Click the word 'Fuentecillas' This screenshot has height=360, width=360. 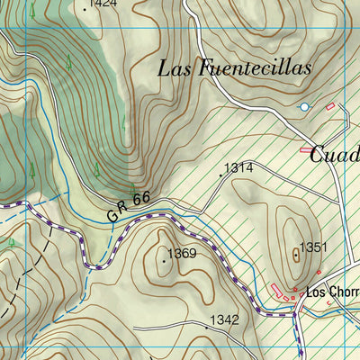[x=255, y=67]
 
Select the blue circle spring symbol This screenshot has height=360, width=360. [x=304, y=107]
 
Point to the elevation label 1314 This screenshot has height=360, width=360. [x=238, y=167]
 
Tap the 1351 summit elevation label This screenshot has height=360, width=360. [x=312, y=247]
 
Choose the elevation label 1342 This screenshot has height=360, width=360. [x=224, y=319]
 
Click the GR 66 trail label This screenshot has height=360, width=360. [x=127, y=210]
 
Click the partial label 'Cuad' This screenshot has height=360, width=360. [x=334, y=154]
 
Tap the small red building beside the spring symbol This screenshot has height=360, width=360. [x=329, y=107]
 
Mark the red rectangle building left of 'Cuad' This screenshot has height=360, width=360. [x=307, y=149]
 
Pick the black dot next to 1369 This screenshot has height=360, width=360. [x=164, y=261]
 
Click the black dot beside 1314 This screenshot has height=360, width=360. [x=220, y=175]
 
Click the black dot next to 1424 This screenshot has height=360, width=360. [x=85, y=9]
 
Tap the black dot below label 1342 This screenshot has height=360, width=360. [x=229, y=328]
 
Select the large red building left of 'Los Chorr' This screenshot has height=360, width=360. [x=275, y=287]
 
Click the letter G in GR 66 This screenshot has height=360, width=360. [x=112, y=216]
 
